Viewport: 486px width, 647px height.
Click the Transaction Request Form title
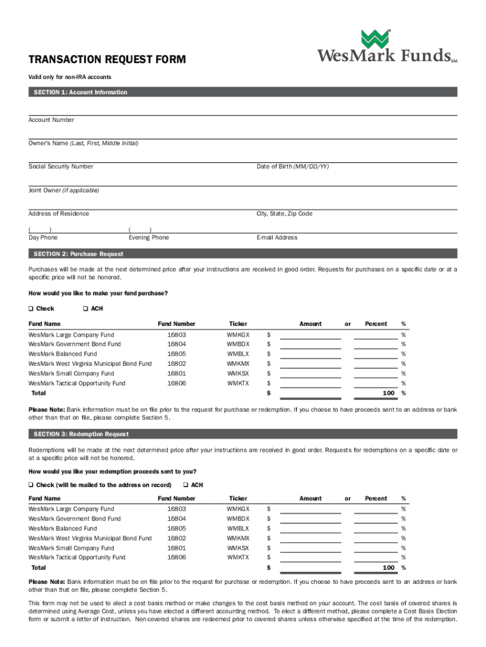(x=107, y=60)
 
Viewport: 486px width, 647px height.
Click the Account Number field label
(x=51, y=120)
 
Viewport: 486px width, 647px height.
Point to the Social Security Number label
(x=61, y=167)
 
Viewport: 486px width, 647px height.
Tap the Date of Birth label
(x=292, y=167)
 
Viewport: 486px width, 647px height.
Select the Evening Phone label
(x=148, y=238)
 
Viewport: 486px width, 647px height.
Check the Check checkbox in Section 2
(x=30, y=309)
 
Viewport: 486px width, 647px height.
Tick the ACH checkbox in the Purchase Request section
(x=85, y=309)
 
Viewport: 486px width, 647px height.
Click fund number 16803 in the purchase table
(x=177, y=334)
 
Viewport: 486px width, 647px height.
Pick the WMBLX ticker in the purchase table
(x=238, y=354)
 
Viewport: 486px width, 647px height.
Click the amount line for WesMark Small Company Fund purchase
(x=311, y=375)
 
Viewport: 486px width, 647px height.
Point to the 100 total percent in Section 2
(x=389, y=394)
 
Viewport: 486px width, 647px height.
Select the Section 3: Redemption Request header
(x=80, y=434)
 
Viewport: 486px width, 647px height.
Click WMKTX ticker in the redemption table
(x=238, y=557)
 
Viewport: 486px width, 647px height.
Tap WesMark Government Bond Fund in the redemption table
(x=74, y=519)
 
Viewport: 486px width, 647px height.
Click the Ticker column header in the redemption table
(x=238, y=499)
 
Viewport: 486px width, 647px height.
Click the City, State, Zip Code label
(x=284, y=214)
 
